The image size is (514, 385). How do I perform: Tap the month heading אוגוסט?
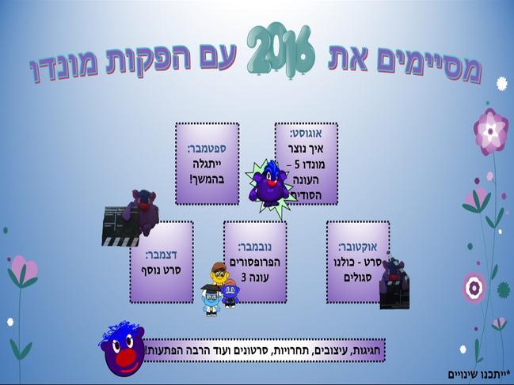[306, 133]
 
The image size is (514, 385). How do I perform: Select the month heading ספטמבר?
[207, 149]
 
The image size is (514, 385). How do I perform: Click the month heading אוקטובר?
[357, 247]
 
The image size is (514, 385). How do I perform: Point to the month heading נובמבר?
[255, 247]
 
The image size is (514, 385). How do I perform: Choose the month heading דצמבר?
[162, 255]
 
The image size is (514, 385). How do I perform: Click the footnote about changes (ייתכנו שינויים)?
[479, 374]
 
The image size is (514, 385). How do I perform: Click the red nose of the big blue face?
[125, 358]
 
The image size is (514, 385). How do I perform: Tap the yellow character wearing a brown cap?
[219, 274]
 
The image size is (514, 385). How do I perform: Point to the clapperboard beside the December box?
[120, 226]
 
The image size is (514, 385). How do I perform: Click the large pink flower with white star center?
[491, 131]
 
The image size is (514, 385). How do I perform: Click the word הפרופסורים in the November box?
[255, 262]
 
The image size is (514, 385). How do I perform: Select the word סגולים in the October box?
[357, 277]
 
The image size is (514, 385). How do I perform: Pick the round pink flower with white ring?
[474, 288]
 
